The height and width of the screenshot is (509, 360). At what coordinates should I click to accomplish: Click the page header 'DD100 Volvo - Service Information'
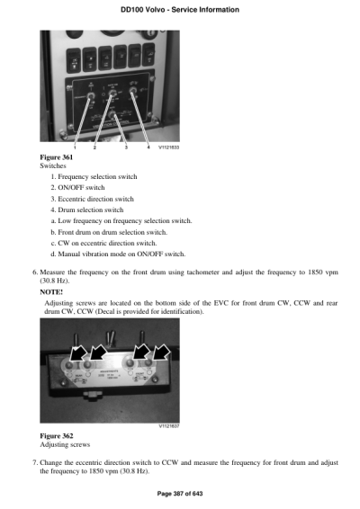179,10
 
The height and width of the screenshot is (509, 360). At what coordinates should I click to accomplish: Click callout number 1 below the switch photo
74,147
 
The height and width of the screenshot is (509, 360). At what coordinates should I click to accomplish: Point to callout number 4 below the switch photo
148,147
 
